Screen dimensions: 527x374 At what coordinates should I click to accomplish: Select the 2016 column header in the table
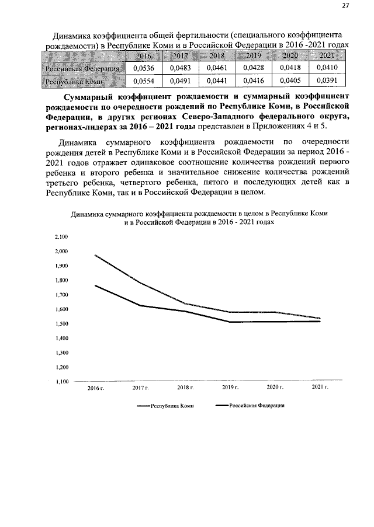click(143, 56)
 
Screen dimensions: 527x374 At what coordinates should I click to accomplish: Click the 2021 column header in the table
click(326, 56)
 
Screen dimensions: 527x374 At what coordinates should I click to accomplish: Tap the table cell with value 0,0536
click(143, 69)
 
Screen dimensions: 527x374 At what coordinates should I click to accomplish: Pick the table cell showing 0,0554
click(143, 82)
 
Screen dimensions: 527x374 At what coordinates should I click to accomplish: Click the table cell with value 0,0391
click(326, 82)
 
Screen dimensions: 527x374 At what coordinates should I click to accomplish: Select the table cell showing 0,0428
click(253, 69)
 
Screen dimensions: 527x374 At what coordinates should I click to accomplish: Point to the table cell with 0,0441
click(217, 82)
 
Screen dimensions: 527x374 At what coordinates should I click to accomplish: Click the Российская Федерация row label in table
click(84, 69)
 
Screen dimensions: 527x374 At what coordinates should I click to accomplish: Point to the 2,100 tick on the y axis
click(61, 237)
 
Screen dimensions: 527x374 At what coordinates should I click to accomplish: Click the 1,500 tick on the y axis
click(61, 324)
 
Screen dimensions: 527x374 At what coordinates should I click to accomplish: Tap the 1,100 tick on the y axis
click(61, 382)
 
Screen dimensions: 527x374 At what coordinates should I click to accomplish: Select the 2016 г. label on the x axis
click(95, 388)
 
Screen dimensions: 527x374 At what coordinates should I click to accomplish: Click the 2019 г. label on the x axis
click(230, 388)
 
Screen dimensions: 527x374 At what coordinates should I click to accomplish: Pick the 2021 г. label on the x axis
click(320, 388)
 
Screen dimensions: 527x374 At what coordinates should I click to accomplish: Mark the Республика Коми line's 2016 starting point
click(95, 255)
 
